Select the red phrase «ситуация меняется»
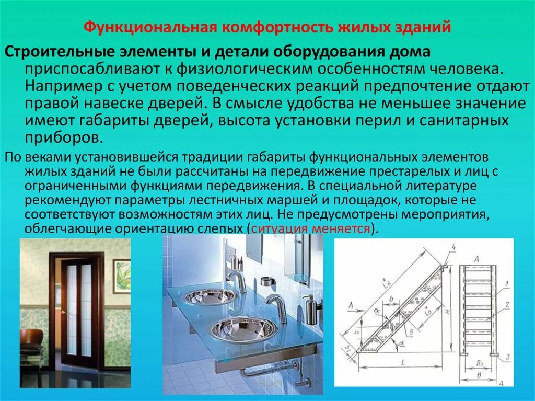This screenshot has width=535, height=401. click(x=311, y=228)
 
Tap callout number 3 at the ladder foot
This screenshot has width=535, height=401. click(x=506, y=358)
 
